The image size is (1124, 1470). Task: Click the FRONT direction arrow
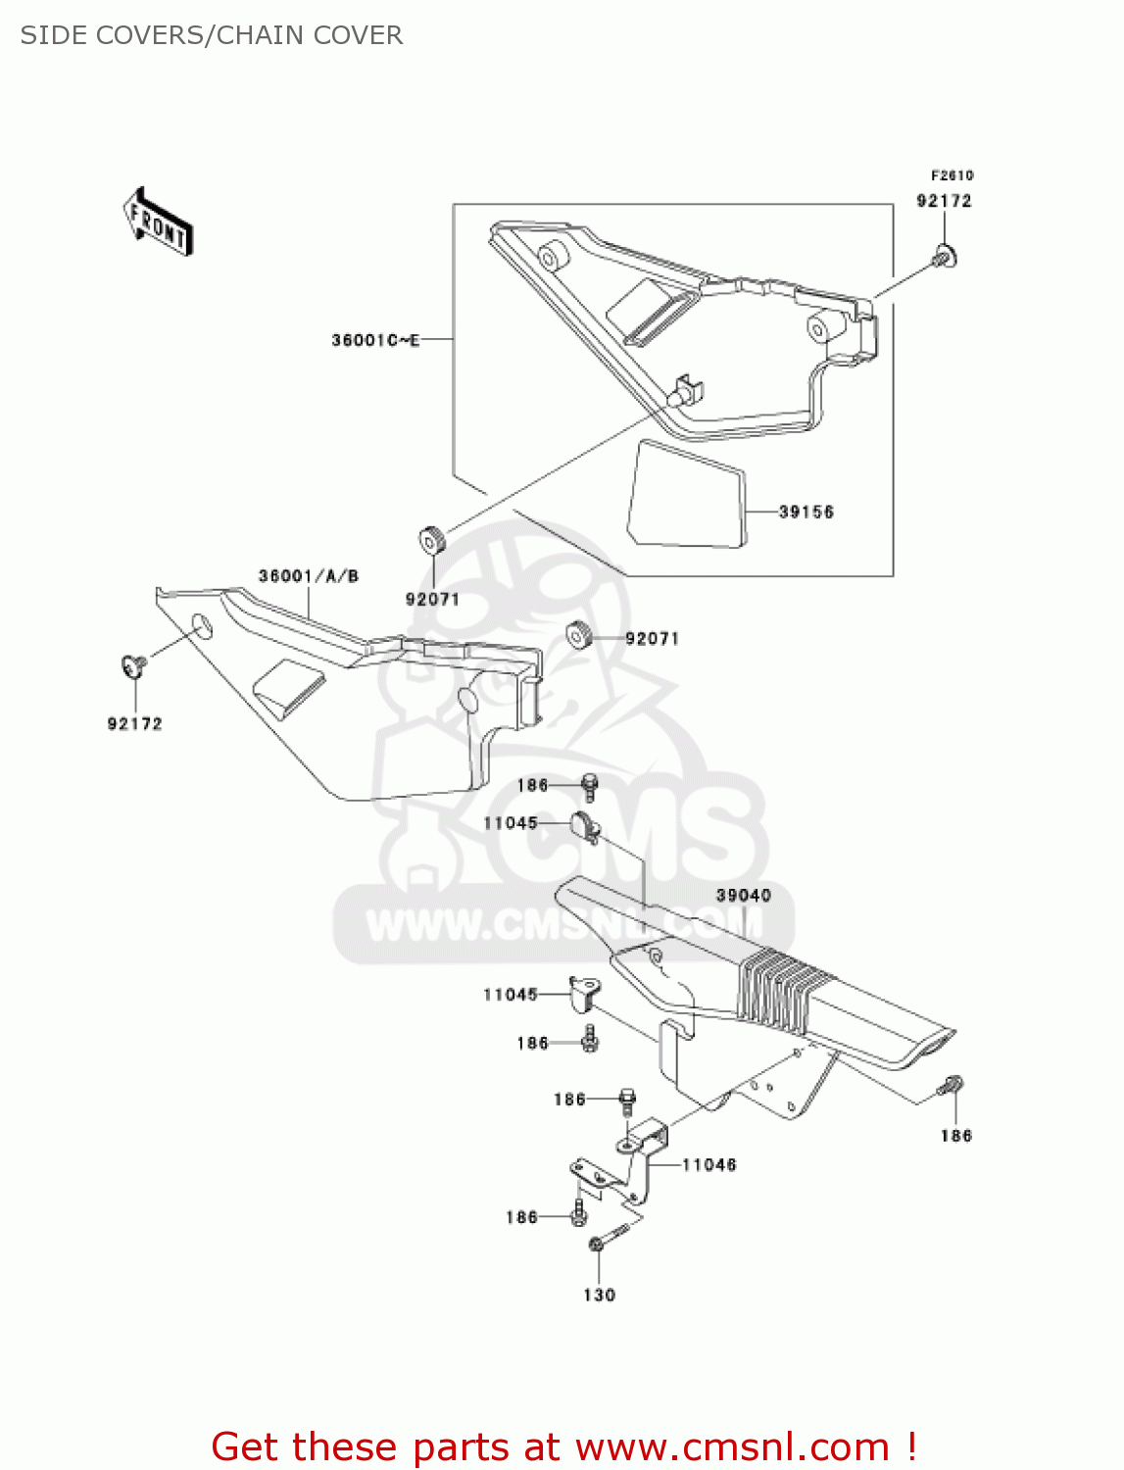coord(157,222)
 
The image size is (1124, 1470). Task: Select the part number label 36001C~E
coord(375,340)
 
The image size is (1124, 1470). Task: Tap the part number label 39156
coord(806,512)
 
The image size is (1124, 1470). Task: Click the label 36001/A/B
coord(309,575)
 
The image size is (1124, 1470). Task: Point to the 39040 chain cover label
coord(743,895)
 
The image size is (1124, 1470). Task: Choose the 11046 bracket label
coord(709,1164)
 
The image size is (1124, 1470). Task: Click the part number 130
coord(599,1295)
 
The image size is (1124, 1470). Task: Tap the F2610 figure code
coord(952,175)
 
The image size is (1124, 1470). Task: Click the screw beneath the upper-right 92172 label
coord(944,257)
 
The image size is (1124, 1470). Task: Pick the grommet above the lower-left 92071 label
coord(432,540)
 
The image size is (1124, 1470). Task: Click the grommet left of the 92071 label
coord(579,635)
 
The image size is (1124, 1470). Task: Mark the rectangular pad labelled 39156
coord(686,495)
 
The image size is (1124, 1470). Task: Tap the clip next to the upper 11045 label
coord(584,827)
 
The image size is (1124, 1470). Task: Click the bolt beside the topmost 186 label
coord(589,785)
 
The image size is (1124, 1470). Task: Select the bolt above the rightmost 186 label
coord(952,1086)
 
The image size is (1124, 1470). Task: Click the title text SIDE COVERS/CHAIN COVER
coord(212,35)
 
